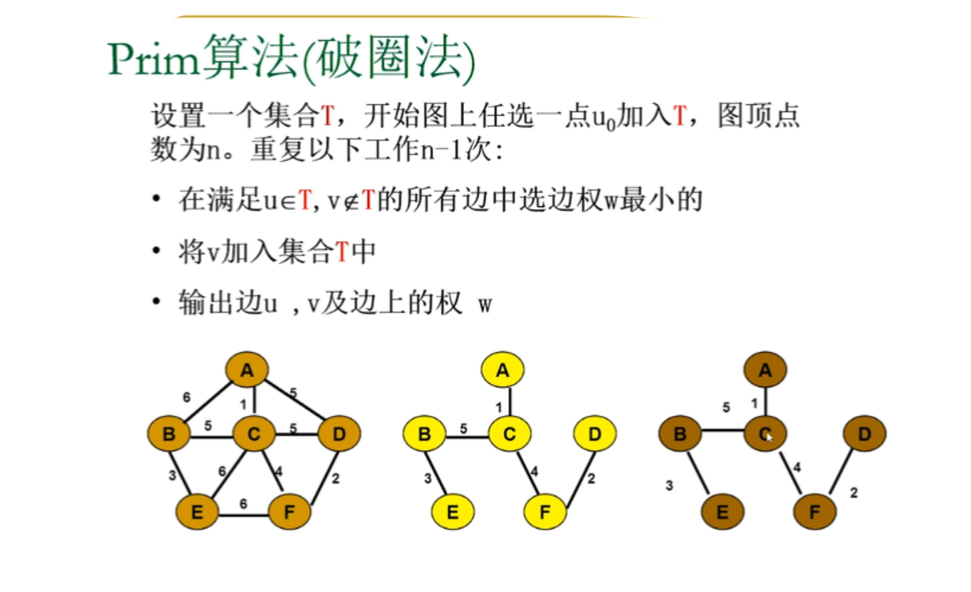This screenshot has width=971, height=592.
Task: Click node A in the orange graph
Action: click(x=247, y=370)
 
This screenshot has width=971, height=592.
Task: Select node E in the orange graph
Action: click(x=197, y=512)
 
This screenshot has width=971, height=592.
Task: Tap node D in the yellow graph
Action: click(x=595, y=434)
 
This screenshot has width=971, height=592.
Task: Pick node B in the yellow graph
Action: click(x=424, y=434)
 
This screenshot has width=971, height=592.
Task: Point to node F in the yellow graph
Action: click(x=545, y=512)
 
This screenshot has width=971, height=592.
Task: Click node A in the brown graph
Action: click(x=765, y=370)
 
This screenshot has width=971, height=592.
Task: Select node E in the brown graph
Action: click(x=723, y=512)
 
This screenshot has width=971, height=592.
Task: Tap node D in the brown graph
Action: click(x=864, y=434)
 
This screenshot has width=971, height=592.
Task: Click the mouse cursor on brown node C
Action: click(x=769, y=438)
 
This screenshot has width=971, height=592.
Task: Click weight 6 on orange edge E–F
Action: click(x=243, y=503)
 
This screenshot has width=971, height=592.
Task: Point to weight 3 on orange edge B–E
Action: click(x=172, y=475)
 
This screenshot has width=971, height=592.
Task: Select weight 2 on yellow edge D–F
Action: click(x=591, y=479)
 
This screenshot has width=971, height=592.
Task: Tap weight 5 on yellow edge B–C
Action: click(x=463, y=429)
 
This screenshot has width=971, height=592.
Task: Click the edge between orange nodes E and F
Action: click(x=243, y=515)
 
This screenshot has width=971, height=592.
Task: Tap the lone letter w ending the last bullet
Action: click(x=485, y=305)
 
